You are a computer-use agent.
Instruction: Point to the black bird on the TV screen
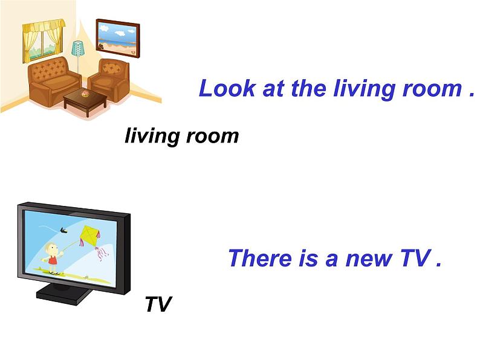click(x=63, y=230)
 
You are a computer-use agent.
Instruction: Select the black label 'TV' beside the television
click(x=158, y=304)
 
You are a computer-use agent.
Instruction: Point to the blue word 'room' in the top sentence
click(x=432, y=89)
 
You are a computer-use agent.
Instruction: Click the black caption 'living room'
click(x=181, y=136)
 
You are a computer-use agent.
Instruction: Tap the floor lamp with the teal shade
click(x=78, y=54)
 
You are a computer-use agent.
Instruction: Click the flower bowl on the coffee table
click(x=85, y=94)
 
